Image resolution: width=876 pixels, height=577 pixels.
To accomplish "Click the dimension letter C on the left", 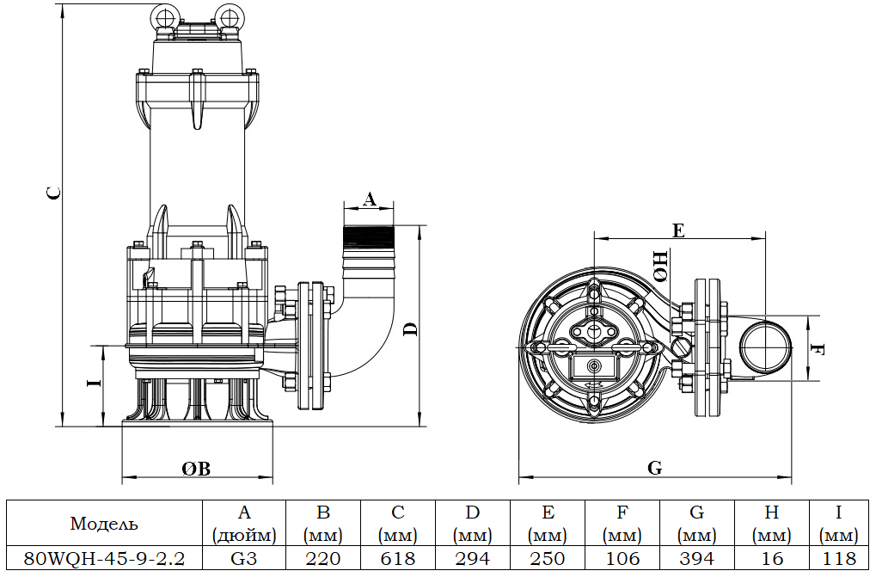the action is pos(53,193).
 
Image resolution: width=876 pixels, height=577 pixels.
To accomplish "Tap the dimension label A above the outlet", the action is pos(370,199).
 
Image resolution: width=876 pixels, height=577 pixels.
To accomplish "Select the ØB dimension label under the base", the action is pos(196,469).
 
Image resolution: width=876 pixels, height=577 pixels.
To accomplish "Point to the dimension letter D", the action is pos(411,329).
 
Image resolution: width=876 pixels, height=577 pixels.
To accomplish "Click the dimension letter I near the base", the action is pos(95,382).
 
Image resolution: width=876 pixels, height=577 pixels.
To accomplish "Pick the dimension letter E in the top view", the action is pos(678,230).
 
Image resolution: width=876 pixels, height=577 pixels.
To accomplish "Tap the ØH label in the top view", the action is pos(660,266).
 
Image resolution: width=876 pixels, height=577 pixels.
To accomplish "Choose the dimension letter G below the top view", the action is pos(655,468).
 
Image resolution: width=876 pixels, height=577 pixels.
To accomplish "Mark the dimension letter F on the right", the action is pos(817,349).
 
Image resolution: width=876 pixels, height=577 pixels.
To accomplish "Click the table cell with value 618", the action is pos(398,558).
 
